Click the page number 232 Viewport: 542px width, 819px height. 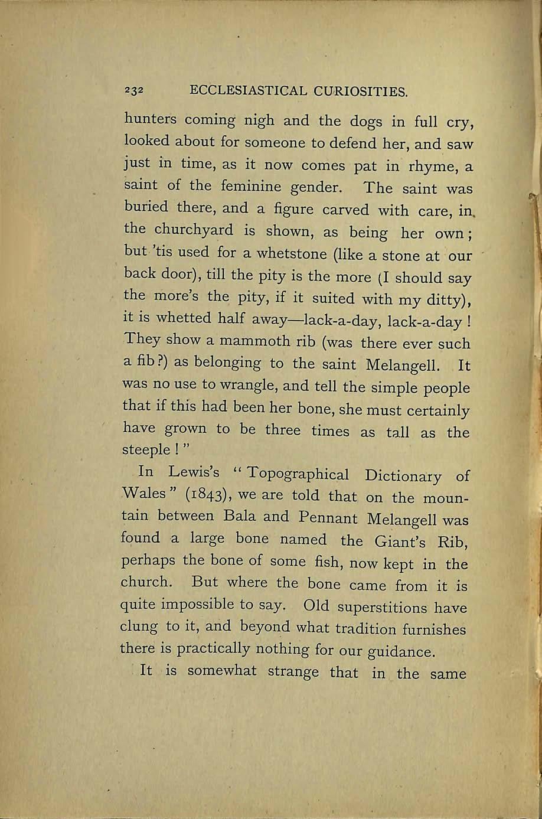click(x=135, y=91)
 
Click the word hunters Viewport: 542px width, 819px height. click(x=151, y=119)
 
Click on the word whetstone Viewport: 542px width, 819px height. click(x=285, y=254)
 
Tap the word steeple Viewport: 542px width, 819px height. click(x=147, y=450)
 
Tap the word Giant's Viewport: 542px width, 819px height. click(x=399, y=541)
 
